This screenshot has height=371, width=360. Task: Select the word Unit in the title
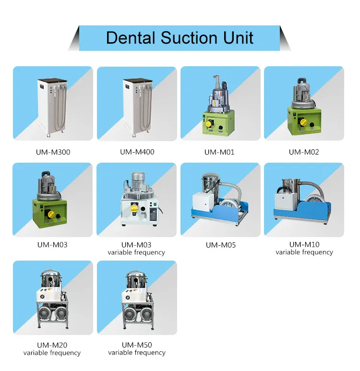237,37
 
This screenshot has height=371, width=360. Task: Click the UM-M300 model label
52,152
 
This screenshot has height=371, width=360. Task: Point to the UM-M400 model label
137,152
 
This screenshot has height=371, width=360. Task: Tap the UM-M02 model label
304,152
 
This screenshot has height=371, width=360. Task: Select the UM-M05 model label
221,245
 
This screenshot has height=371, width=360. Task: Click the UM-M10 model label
304,244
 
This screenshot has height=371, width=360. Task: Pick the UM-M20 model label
52,345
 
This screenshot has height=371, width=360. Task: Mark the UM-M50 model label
137,345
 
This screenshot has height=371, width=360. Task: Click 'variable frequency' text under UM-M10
304,252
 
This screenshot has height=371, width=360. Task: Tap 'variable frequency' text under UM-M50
137,353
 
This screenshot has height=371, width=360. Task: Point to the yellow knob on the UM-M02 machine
302,122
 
